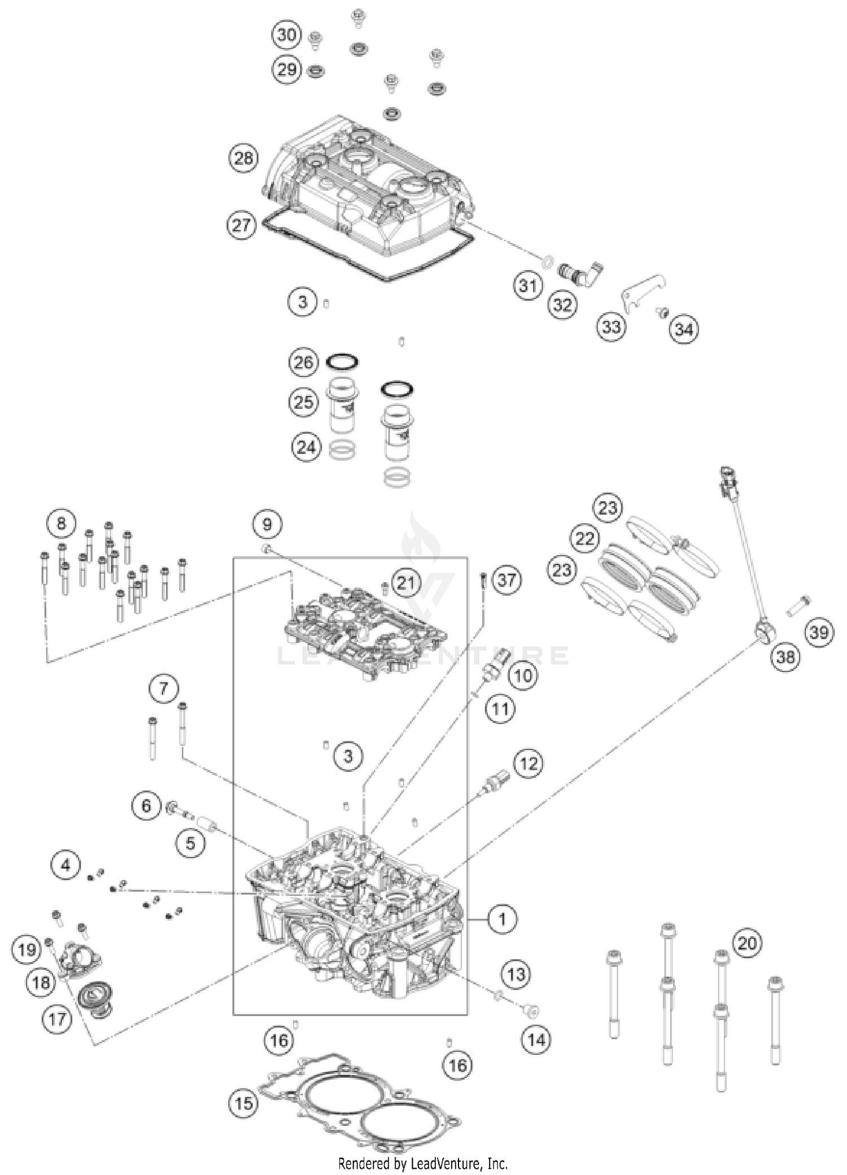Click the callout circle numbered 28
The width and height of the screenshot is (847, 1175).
tap(243, 158)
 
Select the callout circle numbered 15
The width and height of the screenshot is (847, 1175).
tap(243, 1103)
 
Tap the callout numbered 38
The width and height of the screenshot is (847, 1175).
tap(785, 656)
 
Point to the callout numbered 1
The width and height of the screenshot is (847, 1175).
tap(502, 919)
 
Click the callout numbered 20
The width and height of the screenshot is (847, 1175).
tap(747, 943)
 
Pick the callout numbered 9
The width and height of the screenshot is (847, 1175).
tap(267, 525)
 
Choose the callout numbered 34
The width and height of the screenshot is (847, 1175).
tap(684, 329)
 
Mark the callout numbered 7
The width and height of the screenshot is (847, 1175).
tap(163, 688)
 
